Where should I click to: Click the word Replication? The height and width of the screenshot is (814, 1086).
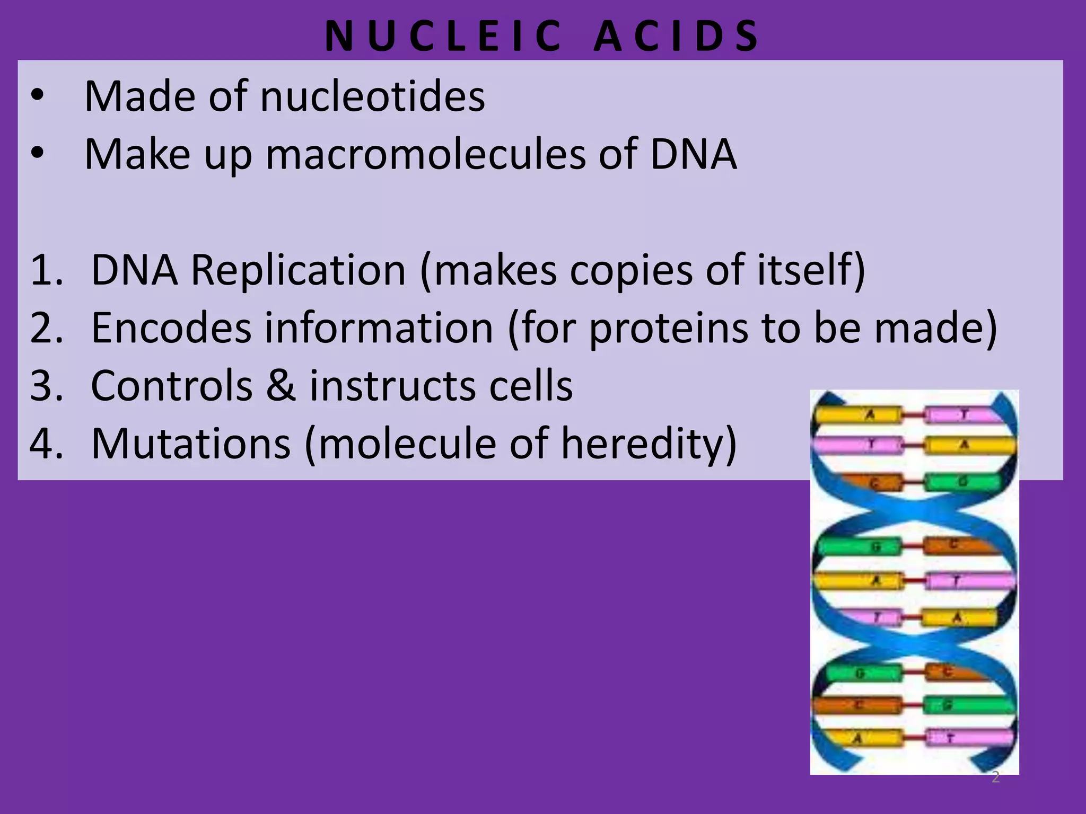pos(298,270)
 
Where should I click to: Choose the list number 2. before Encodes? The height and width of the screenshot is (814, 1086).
pos(47,328)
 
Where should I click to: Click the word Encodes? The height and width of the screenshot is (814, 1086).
pos(171,328)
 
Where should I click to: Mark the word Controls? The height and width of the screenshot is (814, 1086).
pos(172,385)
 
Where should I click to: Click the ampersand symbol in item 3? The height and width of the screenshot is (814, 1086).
pos(281,385)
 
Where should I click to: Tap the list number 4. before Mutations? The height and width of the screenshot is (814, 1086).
pos(47,443)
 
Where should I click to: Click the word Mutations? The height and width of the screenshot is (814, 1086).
pos(191,443)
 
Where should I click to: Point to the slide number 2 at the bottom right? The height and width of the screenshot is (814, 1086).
pos(995,777)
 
